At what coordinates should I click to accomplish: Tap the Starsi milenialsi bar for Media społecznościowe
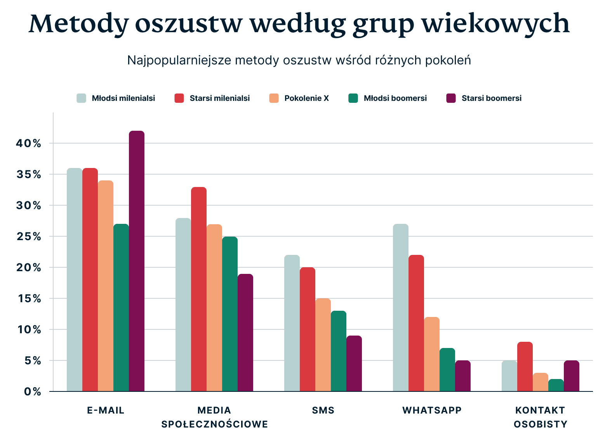(x=199, y=289)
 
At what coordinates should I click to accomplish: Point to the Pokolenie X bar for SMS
(x=323, y=345)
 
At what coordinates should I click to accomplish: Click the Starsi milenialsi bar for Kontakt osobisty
(x=525, y=367)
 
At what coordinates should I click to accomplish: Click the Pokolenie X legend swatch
(x=274, y=98)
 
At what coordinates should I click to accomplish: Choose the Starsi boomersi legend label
(x=491, y=98)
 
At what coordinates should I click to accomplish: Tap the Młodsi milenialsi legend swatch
(x=82, y=98)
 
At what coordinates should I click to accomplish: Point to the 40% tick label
(x=29, y=144)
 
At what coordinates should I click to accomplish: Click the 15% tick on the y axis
(x=29, y=299)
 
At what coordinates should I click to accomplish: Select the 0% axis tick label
(x=33, y=392)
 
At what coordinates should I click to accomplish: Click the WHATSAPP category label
(x=432, y=410)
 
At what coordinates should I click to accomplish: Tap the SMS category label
(x=323, y=410)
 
